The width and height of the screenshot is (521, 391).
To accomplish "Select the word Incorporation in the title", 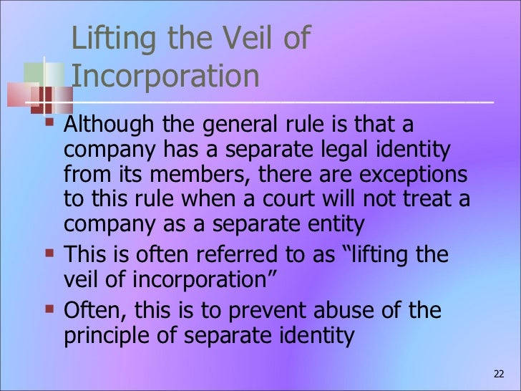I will (165, 77).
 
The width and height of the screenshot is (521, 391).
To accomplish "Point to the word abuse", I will (351, 312).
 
